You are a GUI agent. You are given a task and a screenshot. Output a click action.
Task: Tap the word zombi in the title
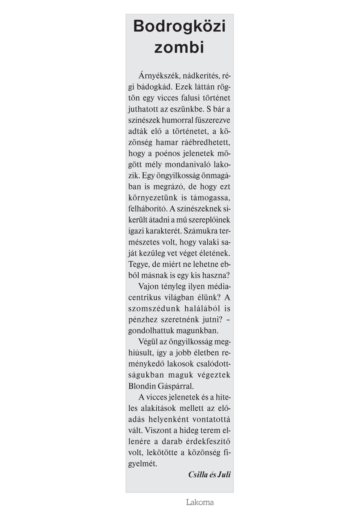179,48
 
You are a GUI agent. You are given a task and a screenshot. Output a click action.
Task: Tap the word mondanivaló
188,165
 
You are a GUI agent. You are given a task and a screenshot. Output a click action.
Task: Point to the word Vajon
149,287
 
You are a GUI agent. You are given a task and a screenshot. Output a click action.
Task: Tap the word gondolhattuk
149,331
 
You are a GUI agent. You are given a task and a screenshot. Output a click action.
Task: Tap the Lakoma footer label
199,502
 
